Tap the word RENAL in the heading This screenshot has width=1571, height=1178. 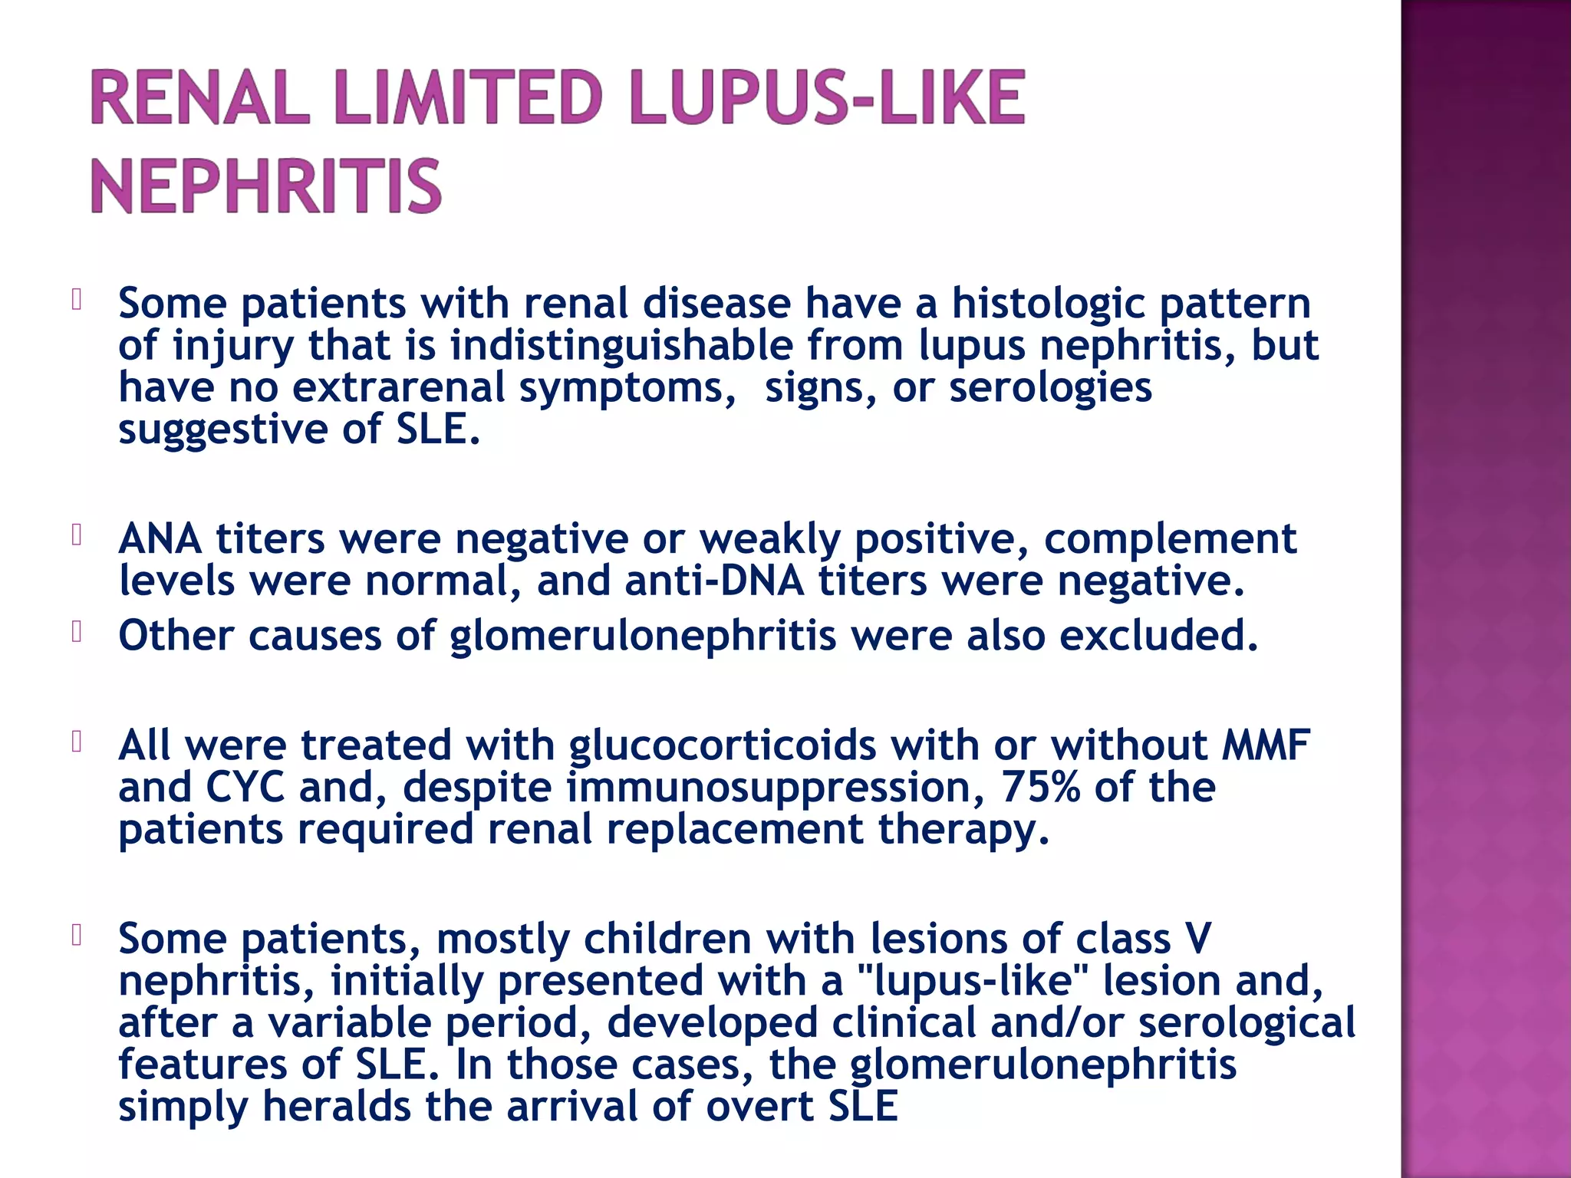point(199,97)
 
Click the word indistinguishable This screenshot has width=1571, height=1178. point(621,345)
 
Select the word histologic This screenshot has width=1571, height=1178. point(1048,304)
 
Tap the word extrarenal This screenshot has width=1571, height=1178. point(399,387)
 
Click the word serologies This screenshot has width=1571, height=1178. point(1050,388)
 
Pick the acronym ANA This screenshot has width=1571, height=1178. point(160,539)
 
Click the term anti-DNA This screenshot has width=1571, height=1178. point(714,581)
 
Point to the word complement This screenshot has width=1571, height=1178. point(1170,540)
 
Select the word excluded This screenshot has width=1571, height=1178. point(1158,636)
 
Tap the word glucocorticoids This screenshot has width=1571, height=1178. point(722,746)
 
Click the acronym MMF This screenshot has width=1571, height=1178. point(1266,745)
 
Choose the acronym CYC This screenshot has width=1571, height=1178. point(245,788)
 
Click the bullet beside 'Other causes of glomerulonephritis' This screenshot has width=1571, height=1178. point(76,633)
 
